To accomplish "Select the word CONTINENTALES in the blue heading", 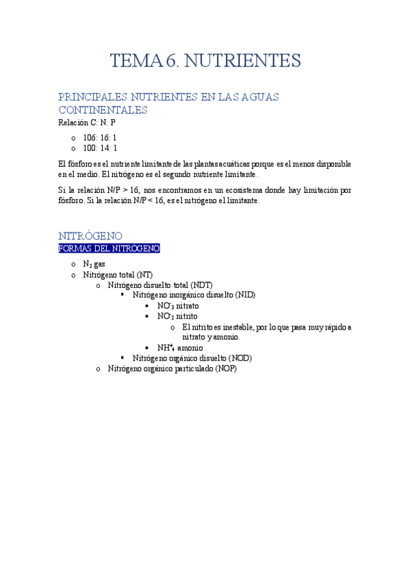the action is click(103, 110).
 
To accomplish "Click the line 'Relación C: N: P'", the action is click(87, 123).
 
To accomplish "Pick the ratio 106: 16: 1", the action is click(100, 137).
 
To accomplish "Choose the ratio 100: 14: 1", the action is click(100, 148).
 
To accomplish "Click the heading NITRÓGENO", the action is click(90, 236).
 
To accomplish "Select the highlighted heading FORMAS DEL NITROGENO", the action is click(110, 248).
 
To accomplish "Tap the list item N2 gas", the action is click(94, 264).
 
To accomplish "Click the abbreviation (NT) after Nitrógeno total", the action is click(145, 274).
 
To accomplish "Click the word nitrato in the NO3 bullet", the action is click(187, 306).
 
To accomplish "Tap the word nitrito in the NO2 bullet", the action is click(186, 317).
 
